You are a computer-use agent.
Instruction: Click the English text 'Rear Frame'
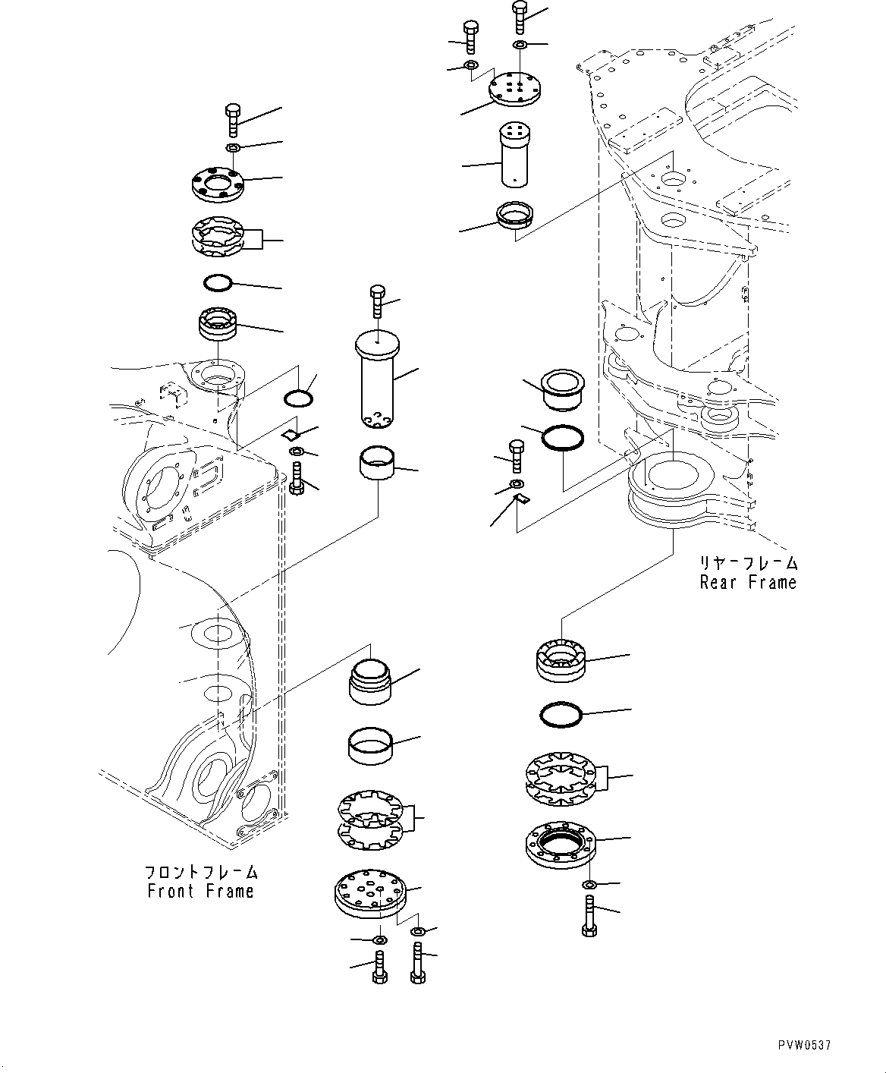coord(748,583)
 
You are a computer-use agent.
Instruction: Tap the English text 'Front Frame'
coord(200,891)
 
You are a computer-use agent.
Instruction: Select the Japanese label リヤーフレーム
coord(748,564)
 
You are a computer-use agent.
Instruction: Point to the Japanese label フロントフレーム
coord(200,872)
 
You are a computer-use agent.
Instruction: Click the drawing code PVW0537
coord(804,1045)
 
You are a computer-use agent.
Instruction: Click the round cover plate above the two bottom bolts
coord(370,895)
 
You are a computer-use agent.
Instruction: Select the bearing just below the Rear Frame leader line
coord(561,658)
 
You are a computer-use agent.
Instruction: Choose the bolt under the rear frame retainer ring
coord(589,915)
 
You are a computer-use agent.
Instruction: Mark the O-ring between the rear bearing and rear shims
coord(561,714)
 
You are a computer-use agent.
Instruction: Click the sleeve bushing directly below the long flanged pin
coord(378,464)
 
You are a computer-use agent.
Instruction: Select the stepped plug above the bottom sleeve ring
coord(371,679)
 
